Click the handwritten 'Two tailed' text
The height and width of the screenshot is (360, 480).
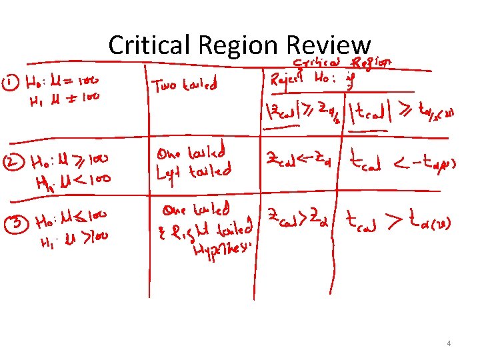click(x=185, y=85)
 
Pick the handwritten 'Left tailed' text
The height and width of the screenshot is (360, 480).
click(x=193, y=172)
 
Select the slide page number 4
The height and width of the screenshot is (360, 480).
click(x=449, y=343)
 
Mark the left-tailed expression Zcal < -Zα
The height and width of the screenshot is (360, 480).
click(x=298, y=159)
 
